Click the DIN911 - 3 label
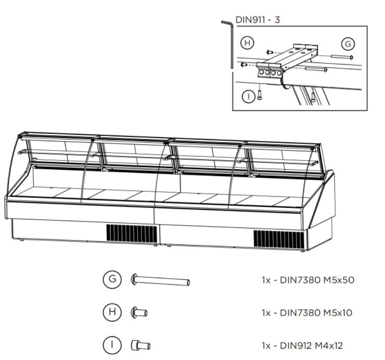[x=257, y=20]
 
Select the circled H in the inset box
[x=247, y=43]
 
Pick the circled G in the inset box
[x=348, y=44]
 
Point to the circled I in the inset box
[x=249, y=96]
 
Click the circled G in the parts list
[x=112, y=279]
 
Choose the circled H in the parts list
[x=112, y=312]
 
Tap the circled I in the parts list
[x=112, y=345]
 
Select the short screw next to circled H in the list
[x=139, y=313]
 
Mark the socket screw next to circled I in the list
[x=141, y=345]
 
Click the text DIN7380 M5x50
[x=317, y=280]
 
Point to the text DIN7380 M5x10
[x=316, y=313]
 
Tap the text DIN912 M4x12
[x=311, y=346]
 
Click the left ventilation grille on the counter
[x=132, y=233]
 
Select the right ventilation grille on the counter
[x=279, y=240]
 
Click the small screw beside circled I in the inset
[x=260, y=94]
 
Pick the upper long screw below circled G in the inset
[x=342, y=57]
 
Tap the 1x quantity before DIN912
[x=266, y=346]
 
